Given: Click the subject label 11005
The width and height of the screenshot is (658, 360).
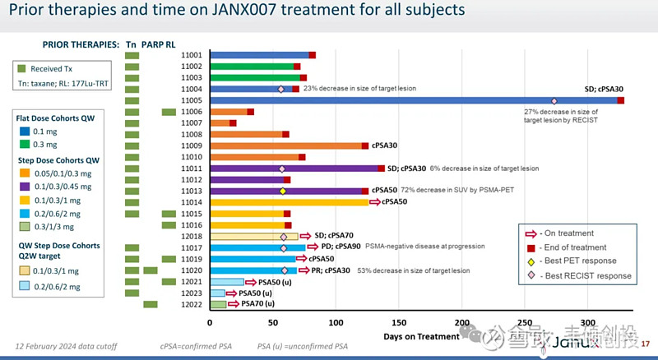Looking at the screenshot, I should (x=192, y=100).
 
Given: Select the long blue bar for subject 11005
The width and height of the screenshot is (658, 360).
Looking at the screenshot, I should (x=411, y=100).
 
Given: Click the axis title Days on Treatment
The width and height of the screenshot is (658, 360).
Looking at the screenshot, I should (x=420, y=336).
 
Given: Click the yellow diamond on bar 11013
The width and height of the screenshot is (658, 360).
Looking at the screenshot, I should (x=283, y=191).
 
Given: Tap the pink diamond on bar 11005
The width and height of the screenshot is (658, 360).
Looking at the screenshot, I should (x=554, y=100).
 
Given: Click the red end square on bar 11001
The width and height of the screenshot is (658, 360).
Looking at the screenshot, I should (x=313, y=55).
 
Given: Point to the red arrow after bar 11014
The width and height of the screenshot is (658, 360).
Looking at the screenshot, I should (x=375, y=201).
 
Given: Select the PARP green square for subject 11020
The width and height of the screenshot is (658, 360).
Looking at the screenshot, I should (x=151, y=270).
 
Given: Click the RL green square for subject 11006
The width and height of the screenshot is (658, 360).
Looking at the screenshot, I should (x=169, y=112).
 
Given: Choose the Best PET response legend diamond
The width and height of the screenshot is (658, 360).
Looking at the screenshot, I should (x=531, y=261).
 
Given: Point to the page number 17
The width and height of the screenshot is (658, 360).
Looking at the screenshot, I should (x=645, y=343).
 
